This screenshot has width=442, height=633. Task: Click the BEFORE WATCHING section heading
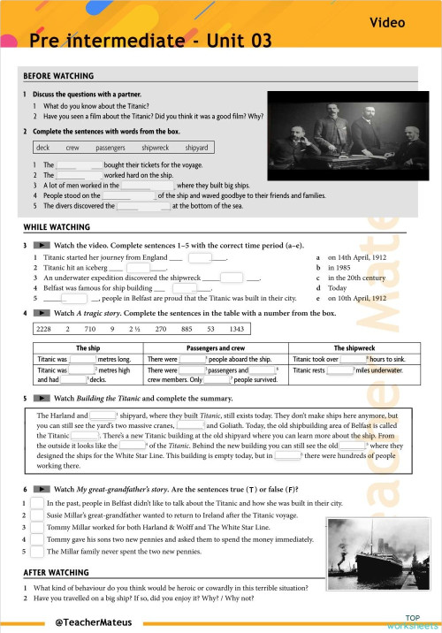pos(54,77)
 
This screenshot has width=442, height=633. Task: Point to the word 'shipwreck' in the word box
pos(155,148)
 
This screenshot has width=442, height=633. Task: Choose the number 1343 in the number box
pos(237,328)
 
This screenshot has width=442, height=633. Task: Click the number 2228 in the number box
pos(43,328)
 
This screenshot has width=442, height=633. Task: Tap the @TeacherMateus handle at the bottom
pos(94,622)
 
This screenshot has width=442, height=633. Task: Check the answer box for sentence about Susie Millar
pos(36,514)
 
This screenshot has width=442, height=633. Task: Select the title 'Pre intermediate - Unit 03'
pos(150,41)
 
